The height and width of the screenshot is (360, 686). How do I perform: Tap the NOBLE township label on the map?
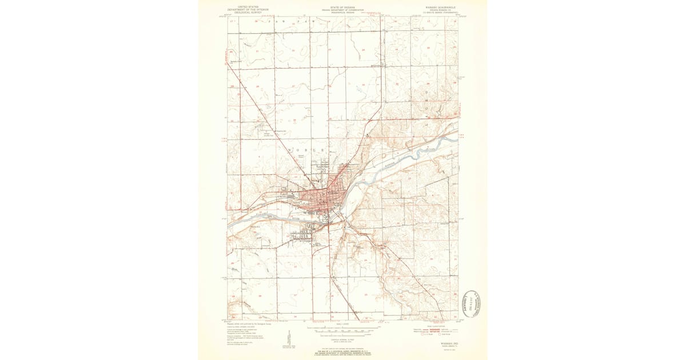click(306, 150)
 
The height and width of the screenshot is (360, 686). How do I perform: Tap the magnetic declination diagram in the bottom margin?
click(286, 337)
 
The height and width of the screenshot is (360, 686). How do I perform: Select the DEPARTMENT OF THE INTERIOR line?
click(240, 9)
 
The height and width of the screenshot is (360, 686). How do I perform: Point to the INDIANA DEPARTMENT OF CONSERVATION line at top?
click(342, 9)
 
